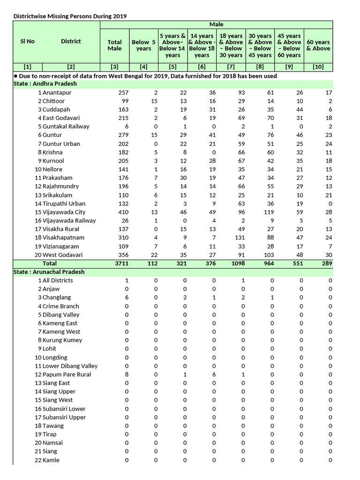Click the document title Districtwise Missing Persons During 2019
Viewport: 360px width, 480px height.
coord(70,16)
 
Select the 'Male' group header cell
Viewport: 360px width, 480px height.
coord(216,24)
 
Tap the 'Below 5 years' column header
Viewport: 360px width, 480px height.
coord(143,45)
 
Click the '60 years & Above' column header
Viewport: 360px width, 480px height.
coord(318,45)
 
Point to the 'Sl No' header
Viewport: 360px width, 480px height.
coord(27,41)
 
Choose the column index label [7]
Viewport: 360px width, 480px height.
coord(231,67)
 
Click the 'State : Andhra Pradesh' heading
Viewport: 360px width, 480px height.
coord(45,84)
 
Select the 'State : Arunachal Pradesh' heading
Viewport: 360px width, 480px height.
coord(49,272)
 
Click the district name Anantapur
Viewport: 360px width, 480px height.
coord(57,93)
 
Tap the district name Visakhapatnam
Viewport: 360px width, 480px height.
coord(63,238)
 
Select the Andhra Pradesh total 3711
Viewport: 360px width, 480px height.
coord(121,263)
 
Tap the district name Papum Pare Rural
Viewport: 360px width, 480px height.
coord(67,375)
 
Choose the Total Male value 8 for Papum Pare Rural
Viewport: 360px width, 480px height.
coord(127,375)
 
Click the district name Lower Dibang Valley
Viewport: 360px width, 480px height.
coord(70,366)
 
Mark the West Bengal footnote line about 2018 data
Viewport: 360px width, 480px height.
coord(145,75)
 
